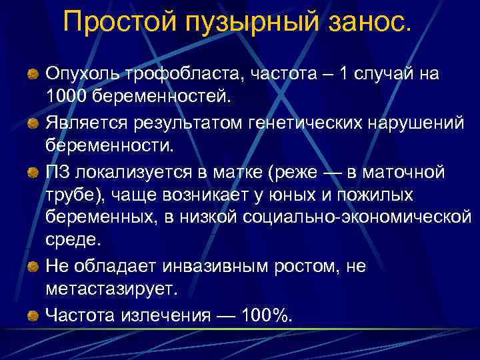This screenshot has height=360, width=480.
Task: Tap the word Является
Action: coord(87,123)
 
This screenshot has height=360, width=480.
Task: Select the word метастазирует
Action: coord(109,287)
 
